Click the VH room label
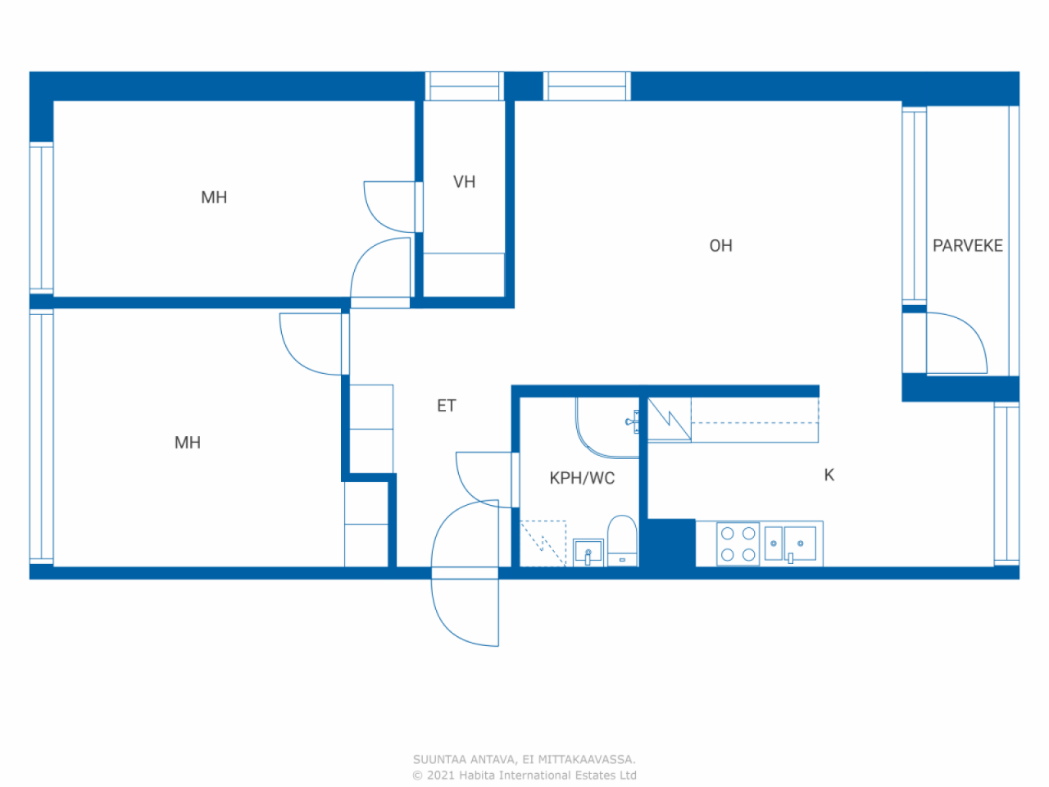click(464, 182)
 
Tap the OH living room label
click(720, 246)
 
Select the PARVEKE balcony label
click(967, 246)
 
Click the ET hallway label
click(446, 406)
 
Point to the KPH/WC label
click(582, 478)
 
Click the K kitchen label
click(829, 475)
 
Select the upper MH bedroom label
click(214, 198)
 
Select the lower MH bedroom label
click(188, 443)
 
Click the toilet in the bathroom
click(622, 541)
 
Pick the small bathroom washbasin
click(588, 553)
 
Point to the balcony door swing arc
click(957, 343)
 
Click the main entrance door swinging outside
click(465, 612)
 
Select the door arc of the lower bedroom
click(312, 344)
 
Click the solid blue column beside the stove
click(671, 543)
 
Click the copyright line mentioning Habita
click(524, 775)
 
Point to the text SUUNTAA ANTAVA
click(464, 760)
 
